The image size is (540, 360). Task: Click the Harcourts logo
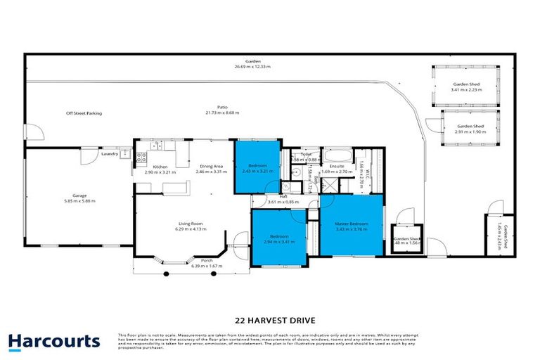tap(54, 342)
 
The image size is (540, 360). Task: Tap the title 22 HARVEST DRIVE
tap(269, 318)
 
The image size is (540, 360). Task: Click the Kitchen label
tap(160, 167)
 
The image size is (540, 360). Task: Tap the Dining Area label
tap(211, 167)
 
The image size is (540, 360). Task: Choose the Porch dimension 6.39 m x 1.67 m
tap(207, 266)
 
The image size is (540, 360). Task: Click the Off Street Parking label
tap(84, 112)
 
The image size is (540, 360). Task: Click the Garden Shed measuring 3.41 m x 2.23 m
tap(465, 86)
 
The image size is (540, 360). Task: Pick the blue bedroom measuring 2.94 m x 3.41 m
tap(279, 238)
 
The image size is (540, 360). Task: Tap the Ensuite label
tap(337, 167)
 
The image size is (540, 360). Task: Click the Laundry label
tap(110, 153)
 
